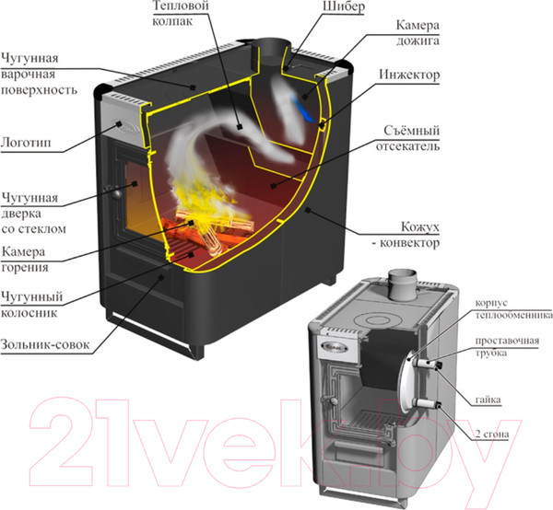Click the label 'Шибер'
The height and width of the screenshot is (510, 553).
(x=344, y=6)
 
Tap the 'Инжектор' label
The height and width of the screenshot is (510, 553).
(x=409, y=75)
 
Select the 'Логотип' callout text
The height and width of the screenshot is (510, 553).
(x=26, y=143)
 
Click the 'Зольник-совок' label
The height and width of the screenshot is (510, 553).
(x=45, y=344)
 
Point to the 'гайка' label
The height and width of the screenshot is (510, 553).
(x=488, y=400)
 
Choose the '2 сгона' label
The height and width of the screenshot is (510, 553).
(x=492, y=435)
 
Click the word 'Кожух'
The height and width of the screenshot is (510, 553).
(x=420, y=226)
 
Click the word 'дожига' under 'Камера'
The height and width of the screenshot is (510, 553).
(x=418, y=41)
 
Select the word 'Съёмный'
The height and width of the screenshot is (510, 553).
(x=412, y=131)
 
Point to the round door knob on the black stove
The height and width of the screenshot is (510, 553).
(x=117, y=193)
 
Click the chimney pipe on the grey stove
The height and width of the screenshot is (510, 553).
(x=403, y=284)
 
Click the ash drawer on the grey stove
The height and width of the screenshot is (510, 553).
(x=356, y=451)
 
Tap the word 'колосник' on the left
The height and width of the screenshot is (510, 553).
(x=29, y=312)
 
